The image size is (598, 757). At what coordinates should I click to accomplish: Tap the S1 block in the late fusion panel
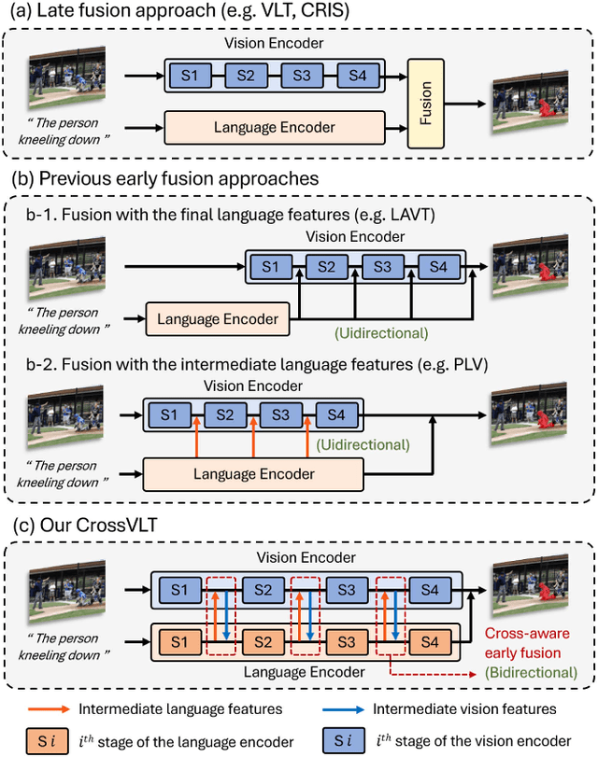point(190,75)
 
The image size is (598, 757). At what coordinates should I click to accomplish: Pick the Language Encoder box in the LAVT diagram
point(217,319)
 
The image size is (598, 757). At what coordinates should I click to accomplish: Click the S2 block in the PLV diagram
point(221,414)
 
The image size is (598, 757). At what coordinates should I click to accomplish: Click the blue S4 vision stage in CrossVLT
point(427,590)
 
